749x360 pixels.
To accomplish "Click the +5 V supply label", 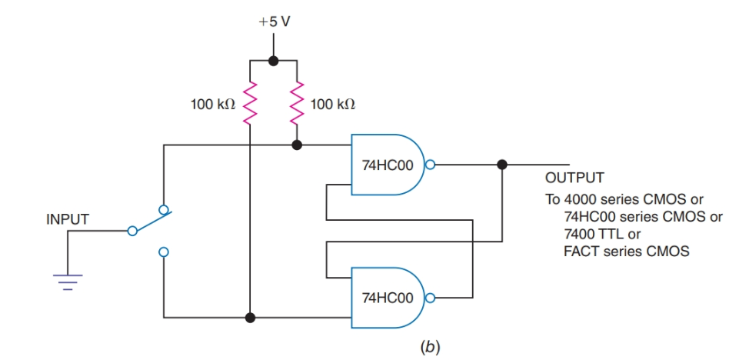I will [x=274, y=22].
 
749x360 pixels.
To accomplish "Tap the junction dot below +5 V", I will [x=273, y=58].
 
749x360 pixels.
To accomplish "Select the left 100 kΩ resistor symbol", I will [x=249, y=103].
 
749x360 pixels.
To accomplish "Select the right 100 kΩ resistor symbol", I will [x=297, y=103].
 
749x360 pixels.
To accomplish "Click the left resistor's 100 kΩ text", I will [x=213, y=104].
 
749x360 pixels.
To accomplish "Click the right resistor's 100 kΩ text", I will [x=333, y=104].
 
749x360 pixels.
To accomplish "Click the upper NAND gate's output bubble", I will [x=431, y=165].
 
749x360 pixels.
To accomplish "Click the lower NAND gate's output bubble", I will [x=431, y=298].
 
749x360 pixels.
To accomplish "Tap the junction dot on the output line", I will [x=501, y=165].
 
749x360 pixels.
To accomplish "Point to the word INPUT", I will [x=68, y=219].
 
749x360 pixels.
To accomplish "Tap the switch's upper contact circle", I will [x=163, y=208].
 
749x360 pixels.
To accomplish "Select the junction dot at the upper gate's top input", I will [x=297, y=145].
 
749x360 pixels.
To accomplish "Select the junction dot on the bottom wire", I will [x=249, y=317].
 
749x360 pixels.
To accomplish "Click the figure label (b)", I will [x=429, y=347].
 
